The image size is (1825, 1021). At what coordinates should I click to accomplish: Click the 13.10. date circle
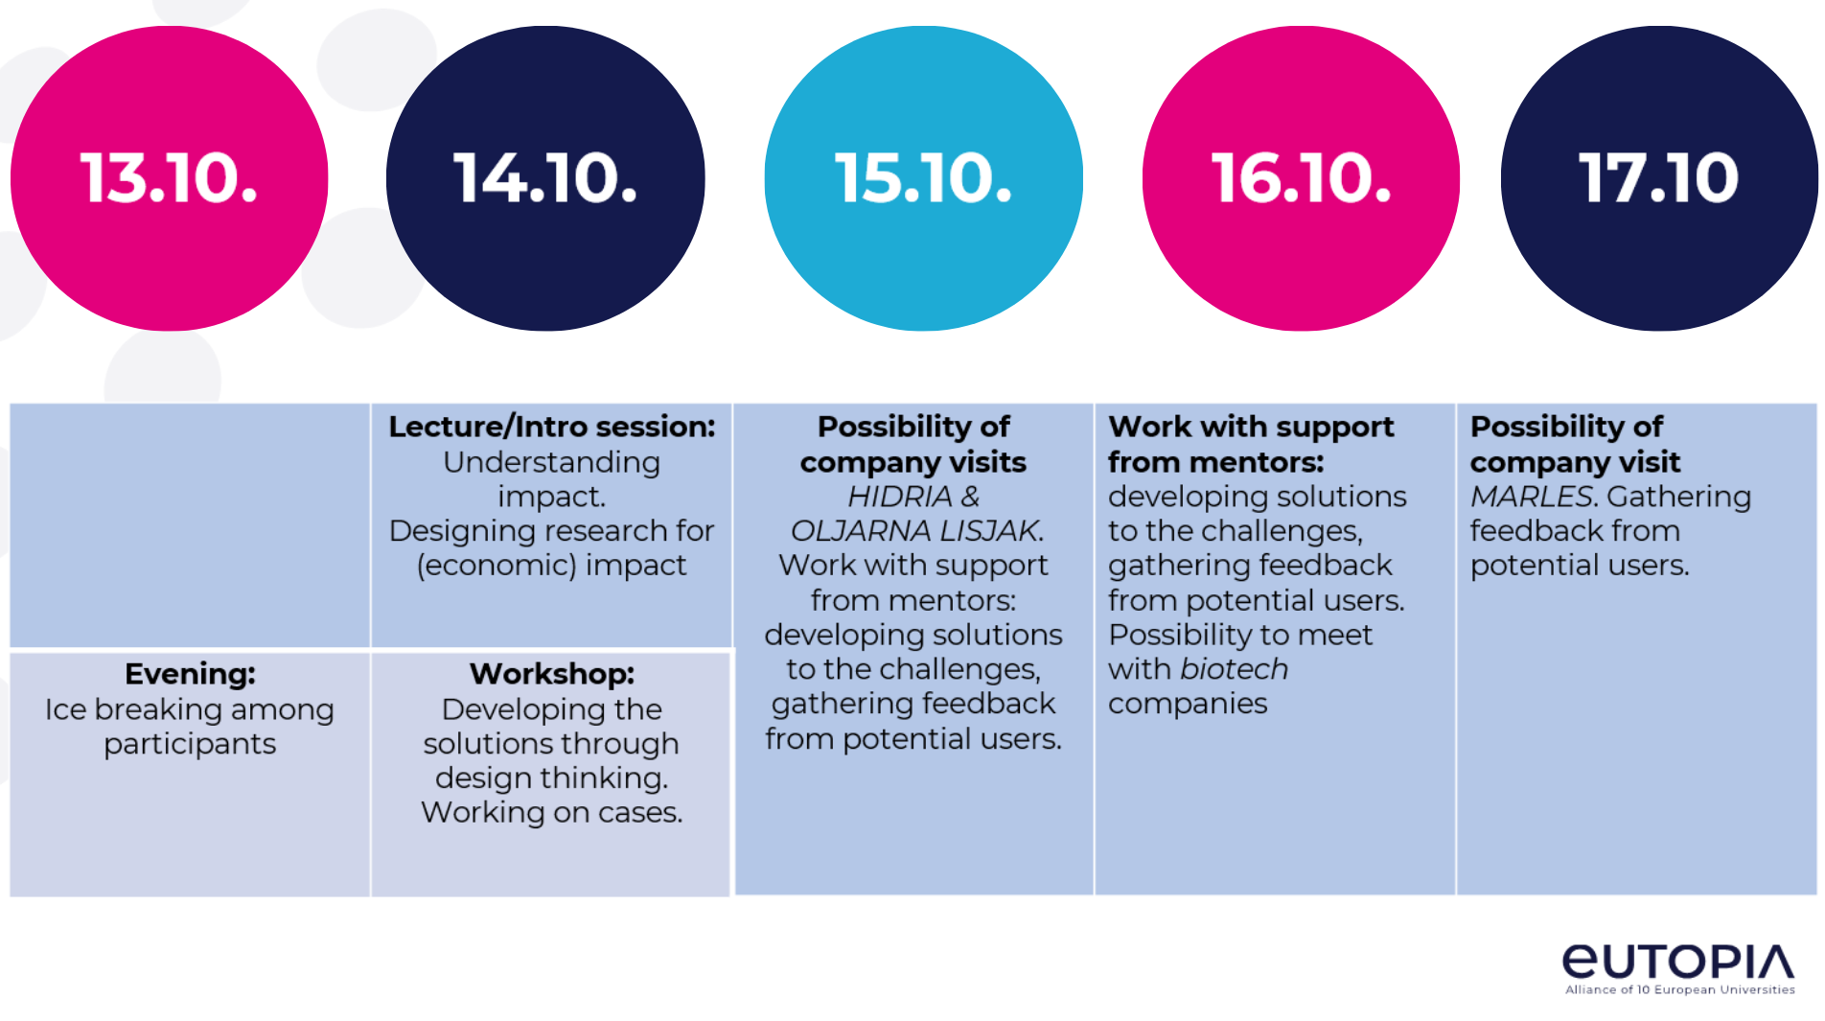(170, 178)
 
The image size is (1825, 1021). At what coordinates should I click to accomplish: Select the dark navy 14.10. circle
(545, 178)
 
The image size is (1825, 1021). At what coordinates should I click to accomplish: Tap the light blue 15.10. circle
(923, 178)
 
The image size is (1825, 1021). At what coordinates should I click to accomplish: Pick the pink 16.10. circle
(1301, 178)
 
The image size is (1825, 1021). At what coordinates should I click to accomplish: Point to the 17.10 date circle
(1659, 178)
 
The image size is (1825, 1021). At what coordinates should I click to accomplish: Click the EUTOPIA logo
(1678, 962)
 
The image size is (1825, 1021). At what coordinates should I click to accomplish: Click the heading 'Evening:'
(190, 674)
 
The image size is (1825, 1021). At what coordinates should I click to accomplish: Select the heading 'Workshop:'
(551, 674)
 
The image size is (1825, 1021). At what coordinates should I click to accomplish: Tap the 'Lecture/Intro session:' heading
(551, 427)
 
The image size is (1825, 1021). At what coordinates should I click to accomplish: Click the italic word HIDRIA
(899, 497)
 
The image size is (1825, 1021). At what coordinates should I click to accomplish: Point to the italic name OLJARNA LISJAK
(916, 531)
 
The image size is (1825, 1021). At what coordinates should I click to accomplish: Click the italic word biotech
(1235, 669)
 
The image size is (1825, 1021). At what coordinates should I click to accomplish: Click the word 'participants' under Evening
(190, 744)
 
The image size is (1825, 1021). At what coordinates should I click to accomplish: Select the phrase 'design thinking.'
(551, 778)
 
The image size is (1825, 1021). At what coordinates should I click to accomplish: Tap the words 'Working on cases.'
(551, 813)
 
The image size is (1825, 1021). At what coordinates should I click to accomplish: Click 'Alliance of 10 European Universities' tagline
(1679, 990)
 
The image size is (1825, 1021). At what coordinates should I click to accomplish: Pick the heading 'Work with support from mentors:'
(1250, 444)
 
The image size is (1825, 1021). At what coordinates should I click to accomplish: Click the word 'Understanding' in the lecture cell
(551, 462)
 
